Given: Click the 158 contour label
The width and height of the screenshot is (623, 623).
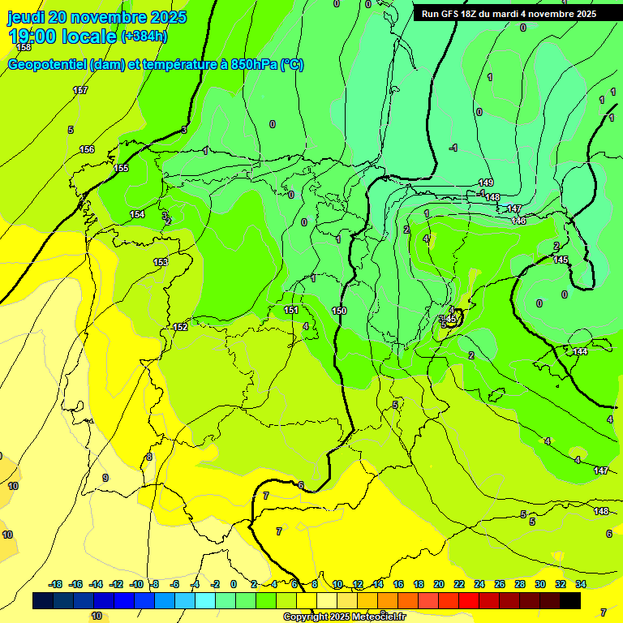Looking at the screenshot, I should click(24, 48).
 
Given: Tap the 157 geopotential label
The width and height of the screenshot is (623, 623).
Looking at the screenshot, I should click(79, 90).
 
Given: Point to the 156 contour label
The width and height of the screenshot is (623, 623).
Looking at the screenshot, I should click(87, 150).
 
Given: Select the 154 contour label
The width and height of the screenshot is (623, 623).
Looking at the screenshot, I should click(137, 214).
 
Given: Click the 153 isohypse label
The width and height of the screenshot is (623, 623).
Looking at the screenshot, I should click(161, 262).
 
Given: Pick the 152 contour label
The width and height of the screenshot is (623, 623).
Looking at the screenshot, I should click(180, 327).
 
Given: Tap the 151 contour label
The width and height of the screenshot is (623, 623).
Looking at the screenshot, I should click(291, 310).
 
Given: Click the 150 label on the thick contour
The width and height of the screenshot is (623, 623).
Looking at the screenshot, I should click(339, 311).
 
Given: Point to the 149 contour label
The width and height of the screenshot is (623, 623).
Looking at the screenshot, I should click(486, 183).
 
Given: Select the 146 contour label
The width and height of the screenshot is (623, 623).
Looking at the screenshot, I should click(519, 221).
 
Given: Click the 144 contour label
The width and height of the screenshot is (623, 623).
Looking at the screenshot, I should click(580, 351).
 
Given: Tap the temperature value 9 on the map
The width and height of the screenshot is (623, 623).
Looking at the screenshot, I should click(105, 478).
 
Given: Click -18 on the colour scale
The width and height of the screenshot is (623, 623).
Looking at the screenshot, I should click(55, 584).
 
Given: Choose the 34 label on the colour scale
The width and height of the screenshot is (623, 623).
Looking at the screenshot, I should click(581, 584).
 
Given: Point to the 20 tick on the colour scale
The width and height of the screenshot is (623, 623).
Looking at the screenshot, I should click(439, 584).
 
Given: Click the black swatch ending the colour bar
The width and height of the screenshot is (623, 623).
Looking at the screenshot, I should click(570, 600).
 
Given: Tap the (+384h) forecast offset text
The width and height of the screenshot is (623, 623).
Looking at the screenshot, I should click(144, 37).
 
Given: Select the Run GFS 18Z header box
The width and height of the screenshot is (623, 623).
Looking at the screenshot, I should click(509, 14).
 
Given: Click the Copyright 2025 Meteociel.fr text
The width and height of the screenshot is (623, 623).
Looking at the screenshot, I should click(344, 617).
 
